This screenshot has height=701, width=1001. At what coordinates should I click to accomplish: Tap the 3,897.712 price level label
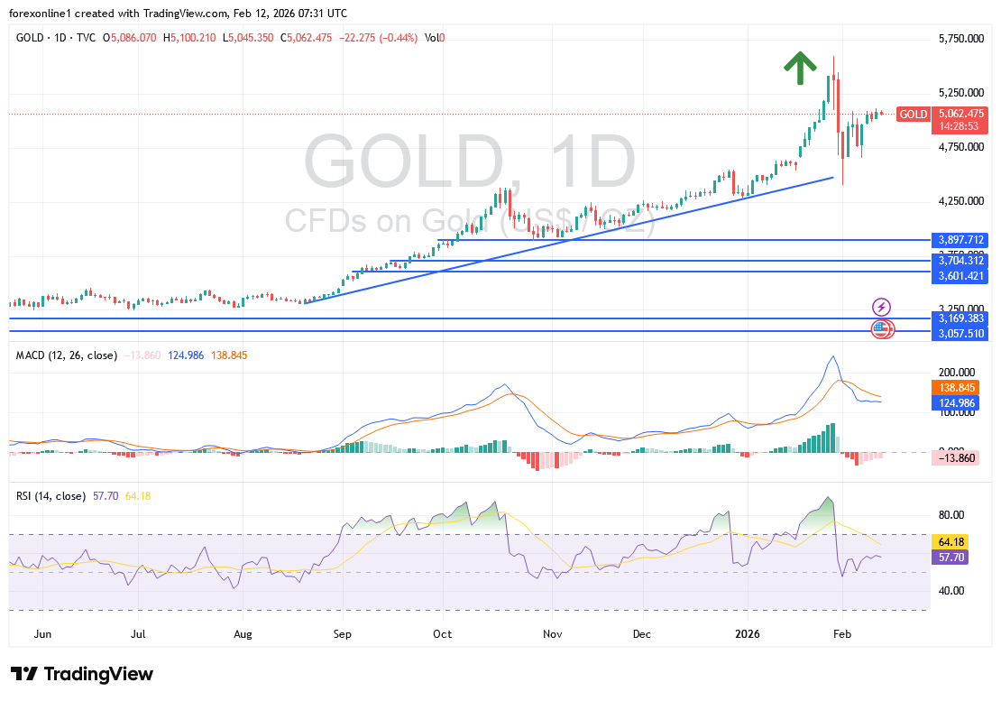[x=961, y=240]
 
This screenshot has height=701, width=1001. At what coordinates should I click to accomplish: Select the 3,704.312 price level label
[x=961, y=261]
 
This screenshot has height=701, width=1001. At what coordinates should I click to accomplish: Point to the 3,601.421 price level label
[x=961, y=276]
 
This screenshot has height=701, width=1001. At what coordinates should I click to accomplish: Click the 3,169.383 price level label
[x=961, y=318]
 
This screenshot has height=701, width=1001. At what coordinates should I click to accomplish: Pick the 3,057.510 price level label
[x=961, y=334]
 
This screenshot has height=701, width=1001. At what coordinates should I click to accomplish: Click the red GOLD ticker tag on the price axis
[x=914, y=114]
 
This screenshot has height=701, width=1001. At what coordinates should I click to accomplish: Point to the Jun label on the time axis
[x=41, y=634]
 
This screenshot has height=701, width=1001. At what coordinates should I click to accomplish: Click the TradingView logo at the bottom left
[x=82, y=674]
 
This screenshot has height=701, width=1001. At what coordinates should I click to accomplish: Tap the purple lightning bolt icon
[x=881, y=308]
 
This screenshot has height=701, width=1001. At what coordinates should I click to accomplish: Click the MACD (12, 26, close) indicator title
[x=66, y=355]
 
